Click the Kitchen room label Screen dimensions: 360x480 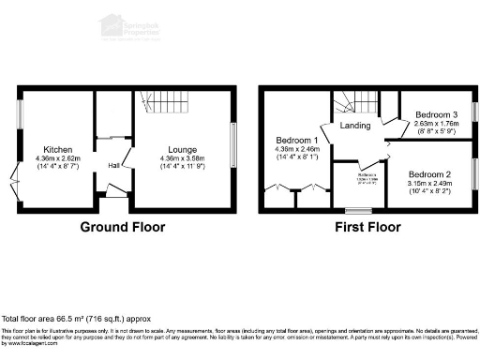point(51,149)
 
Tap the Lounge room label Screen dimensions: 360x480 point(182,149)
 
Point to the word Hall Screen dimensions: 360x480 point(113,166)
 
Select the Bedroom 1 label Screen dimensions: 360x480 point(297,141)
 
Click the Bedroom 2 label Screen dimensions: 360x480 point(429,173)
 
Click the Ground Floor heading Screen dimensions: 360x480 point(122,227)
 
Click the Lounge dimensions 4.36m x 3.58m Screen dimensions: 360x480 point(182,157)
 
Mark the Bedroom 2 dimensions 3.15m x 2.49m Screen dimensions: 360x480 point(429,183)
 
